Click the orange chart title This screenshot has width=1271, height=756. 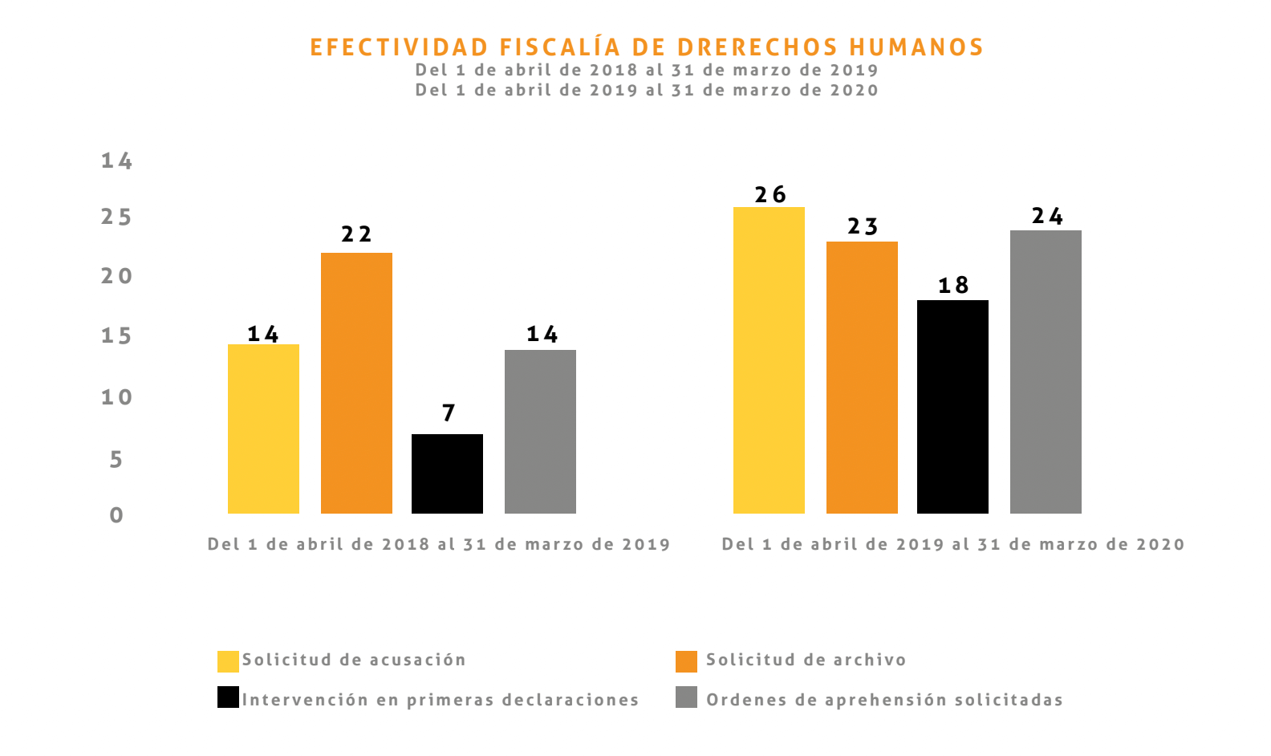point(647,47)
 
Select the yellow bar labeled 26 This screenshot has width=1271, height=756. point(769,361)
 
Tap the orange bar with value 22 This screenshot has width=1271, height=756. point(356,384)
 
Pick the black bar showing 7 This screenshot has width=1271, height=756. point(447,474)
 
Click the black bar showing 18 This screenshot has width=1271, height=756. point(952,407)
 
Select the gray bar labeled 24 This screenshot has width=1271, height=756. point(1046,372)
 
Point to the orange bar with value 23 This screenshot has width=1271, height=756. point(862,377)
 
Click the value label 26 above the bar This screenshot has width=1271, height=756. point(770,195)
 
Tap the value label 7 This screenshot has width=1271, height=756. point(449,413)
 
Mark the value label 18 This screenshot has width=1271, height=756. point(953,286)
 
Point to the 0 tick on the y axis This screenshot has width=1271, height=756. point(116,515)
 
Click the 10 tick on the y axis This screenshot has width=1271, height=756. point(116,397)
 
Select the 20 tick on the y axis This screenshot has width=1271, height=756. point(116,276)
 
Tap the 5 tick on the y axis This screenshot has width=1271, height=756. point(116,460)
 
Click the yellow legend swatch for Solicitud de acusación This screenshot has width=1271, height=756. point(228,661)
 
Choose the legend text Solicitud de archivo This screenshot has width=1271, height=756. point(806,660)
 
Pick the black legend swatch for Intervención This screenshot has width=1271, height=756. point(228,697)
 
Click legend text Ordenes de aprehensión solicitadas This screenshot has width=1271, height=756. point(884,700)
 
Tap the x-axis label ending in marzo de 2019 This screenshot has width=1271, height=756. point(439,544)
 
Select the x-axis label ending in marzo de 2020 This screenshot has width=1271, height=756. point(953,544)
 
